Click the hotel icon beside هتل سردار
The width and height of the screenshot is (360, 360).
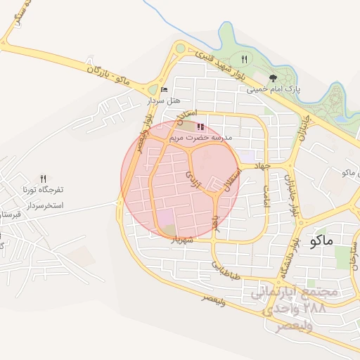[x=164, y=90]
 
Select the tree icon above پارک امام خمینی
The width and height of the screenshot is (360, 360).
[x=273, y=78]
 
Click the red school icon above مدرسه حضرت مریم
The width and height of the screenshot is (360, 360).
[x=200, y=127]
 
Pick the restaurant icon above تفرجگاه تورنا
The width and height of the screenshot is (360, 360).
[x=44, y=179]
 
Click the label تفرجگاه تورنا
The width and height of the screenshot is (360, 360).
[x=44, y=190]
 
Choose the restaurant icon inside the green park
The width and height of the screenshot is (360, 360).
[x=244, y=59]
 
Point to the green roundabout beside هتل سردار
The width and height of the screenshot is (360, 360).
[x=153, y=89]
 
